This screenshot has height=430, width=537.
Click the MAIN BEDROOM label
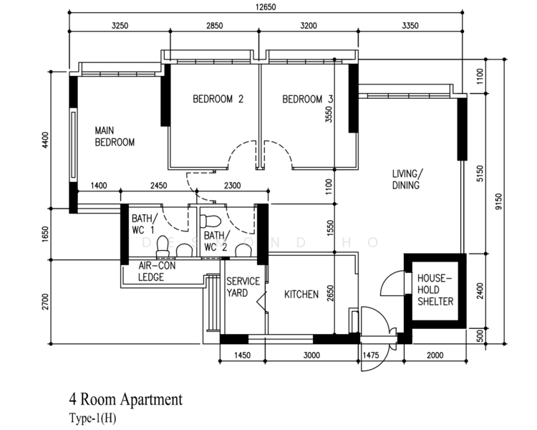(115, 136)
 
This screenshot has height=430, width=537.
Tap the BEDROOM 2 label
(218, 100)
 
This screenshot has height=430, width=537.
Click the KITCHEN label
(301, 295)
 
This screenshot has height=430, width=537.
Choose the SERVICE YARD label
(243, 287)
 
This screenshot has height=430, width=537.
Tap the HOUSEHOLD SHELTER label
(435, 289)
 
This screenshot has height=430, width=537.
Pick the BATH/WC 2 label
(216, 241)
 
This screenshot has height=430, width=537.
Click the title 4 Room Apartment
(125, 399)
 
